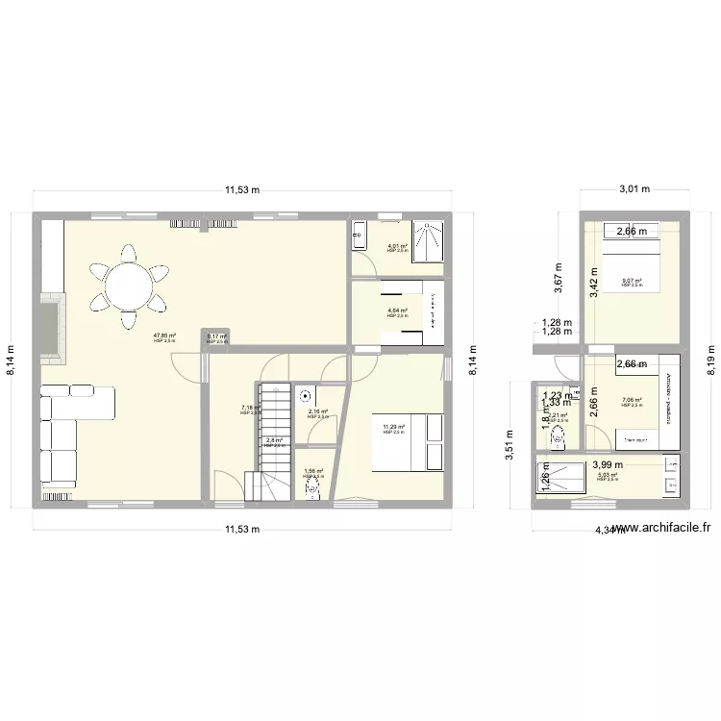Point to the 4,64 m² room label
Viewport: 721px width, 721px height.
pos(397,311)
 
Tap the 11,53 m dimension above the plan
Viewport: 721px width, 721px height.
pos(242,190)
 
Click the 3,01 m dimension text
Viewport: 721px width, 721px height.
pos(634,190)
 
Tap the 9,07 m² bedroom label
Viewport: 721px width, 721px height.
pos(632,282)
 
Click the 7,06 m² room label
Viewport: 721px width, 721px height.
pos(632,401)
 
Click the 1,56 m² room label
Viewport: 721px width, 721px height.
pos(313,472)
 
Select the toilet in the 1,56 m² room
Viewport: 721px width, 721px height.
pos(312,487)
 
